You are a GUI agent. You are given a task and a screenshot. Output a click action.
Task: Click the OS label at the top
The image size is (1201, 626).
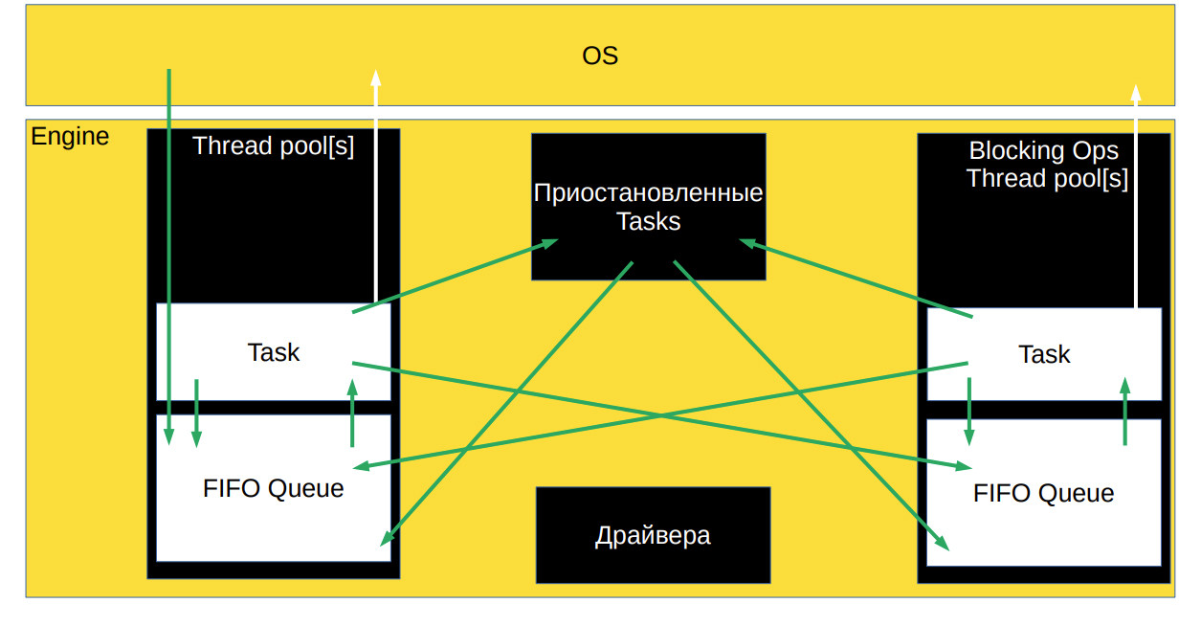point(600,56)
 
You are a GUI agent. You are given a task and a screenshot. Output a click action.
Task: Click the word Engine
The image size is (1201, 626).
point(70,137)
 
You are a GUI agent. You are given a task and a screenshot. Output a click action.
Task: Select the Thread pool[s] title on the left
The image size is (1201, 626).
point(273,146)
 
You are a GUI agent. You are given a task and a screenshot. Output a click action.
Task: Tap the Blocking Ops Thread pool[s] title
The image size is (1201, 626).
point(1044,165)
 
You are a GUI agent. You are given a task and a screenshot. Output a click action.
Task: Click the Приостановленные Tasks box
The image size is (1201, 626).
point(648,207)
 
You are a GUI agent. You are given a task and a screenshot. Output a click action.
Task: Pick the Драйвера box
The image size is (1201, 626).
point(653,534)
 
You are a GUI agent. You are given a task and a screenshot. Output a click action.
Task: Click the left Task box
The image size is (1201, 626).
point(274,352)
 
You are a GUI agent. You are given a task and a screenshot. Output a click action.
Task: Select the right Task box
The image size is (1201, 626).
point(1044,354)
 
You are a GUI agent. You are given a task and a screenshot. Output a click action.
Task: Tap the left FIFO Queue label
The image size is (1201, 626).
point(274,488)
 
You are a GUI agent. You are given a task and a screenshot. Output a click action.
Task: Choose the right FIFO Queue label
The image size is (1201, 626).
point(1043,493)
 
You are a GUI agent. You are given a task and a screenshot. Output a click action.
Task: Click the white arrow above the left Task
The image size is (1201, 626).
point(376,182)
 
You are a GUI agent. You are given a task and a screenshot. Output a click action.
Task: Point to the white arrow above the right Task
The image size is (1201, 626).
point(1136,191)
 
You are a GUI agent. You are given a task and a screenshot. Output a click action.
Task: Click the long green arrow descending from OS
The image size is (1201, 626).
point(169,249)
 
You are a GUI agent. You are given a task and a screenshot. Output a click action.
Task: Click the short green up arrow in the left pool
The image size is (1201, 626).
point(352,413)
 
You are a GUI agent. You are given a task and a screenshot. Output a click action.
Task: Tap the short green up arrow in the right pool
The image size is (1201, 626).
point(1124,411)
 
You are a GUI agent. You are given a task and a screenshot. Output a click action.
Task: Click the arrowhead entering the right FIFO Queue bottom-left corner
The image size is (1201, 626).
point(942,542)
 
